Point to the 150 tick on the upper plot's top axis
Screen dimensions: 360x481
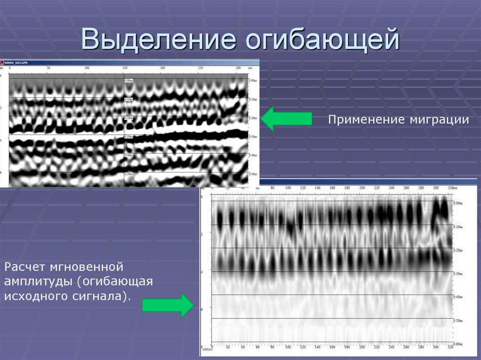pyautogui.click(x=124, y=69)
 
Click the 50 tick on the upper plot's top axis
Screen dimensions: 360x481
pyautogui.click(x=48, y=69)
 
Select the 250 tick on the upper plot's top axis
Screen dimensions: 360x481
pyautogui.click(x=201, y=69)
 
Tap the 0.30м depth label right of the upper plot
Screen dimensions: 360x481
pyautogui.click(x=252, y=137)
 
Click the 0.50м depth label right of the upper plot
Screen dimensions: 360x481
pyautogui.click(x=252, y=174)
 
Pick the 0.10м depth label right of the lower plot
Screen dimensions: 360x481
pyautogui.click(x=458, y=227)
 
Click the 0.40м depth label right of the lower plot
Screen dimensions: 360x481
pyautogui.click(x=458, y=297)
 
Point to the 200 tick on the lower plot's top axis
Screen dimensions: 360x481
pyautogui.click(x=362, y=188)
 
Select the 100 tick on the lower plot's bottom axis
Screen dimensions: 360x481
pyautogui.click(x=287, y=347)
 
